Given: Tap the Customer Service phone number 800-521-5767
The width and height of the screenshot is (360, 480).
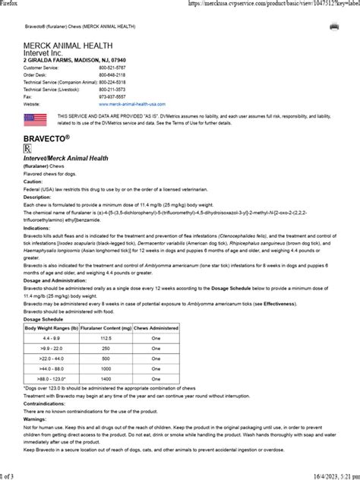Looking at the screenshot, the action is [112, 68].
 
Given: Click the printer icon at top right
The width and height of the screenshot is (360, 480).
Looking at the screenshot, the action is [333, 27].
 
